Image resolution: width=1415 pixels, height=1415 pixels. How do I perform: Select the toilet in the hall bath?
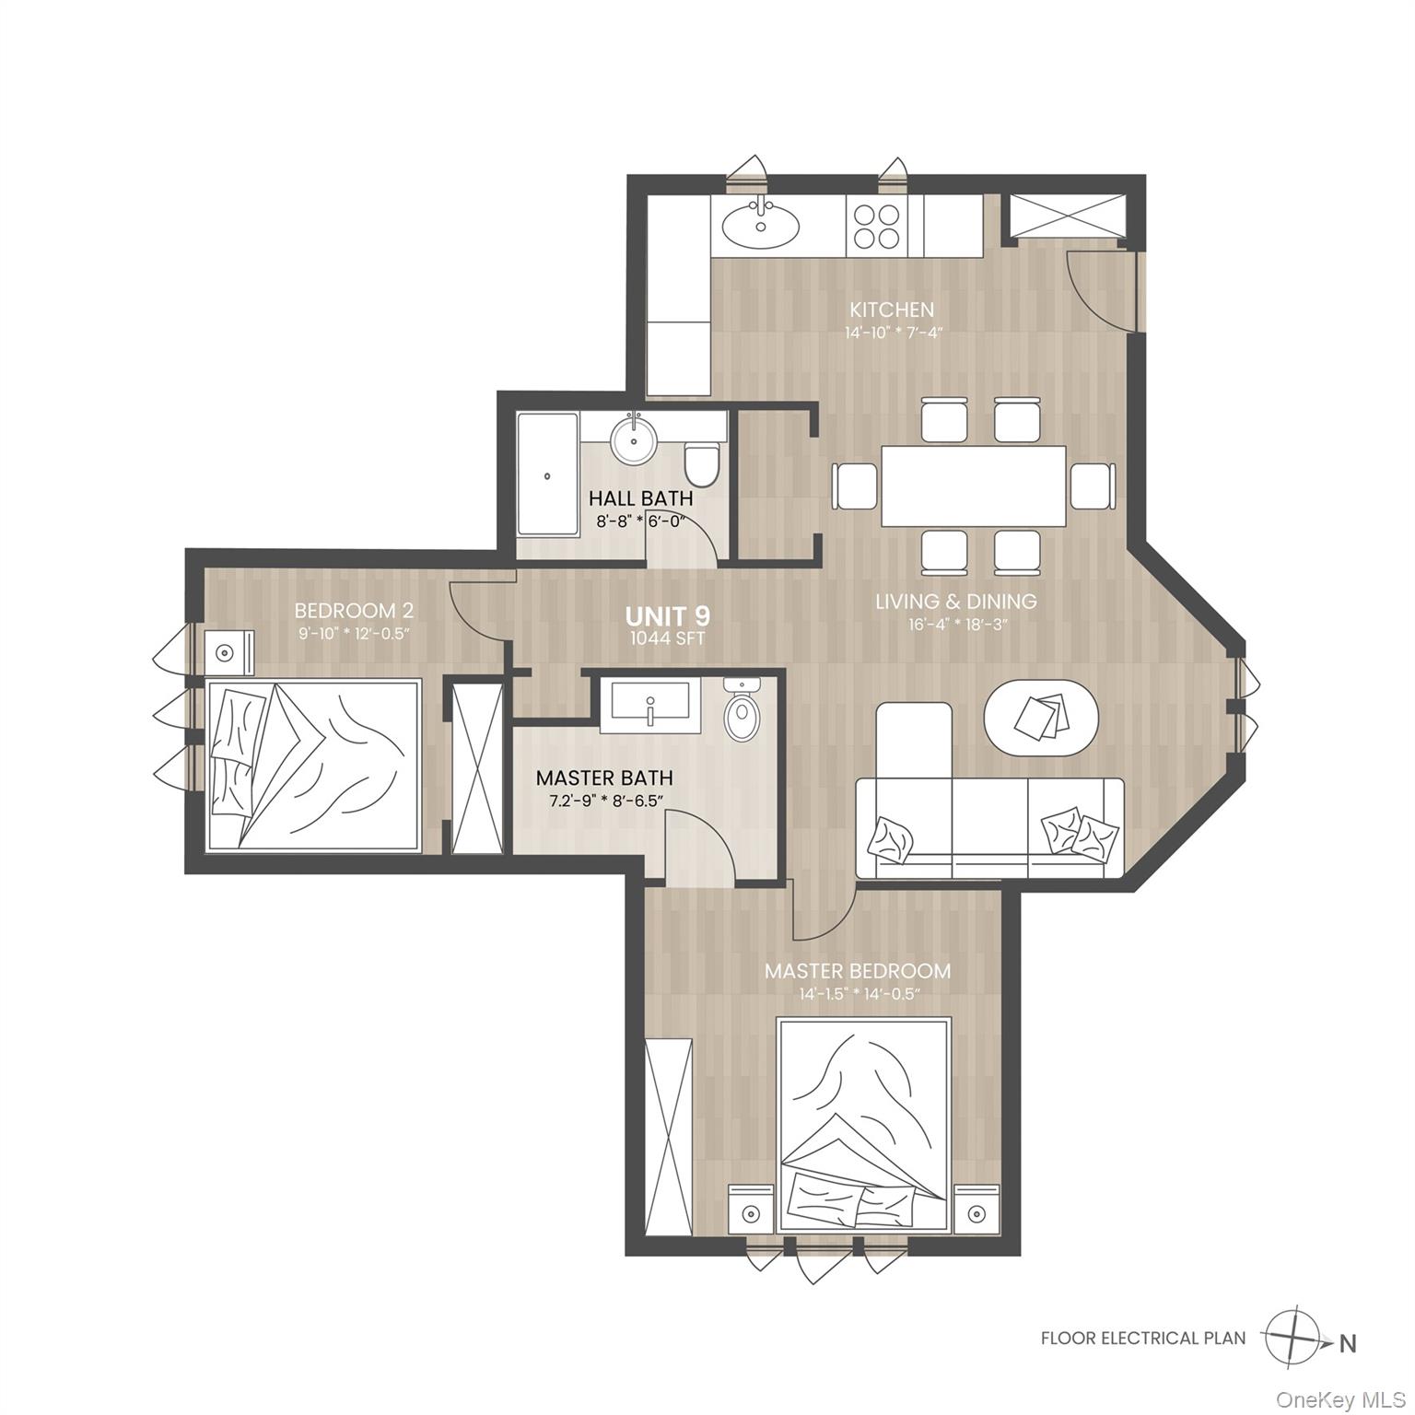pyautogui.click(x=702, y=465)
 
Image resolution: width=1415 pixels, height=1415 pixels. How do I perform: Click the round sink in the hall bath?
pyautogui.click(x=634, y=440)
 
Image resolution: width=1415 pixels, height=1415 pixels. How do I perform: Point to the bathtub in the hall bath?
pyautogui.click(x=547, y=475)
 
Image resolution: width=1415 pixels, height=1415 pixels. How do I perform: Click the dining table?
pyautogui.click(x=973, y=485)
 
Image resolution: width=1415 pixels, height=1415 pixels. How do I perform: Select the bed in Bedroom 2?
pyautogui.click(x=313, y=765)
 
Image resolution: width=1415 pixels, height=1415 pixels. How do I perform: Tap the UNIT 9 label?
pyautogui.click(x=667, y=615)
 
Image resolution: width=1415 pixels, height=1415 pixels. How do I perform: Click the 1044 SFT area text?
pyautogui.click(x=667, y=638)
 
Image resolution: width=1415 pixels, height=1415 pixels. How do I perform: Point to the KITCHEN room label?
pyautogui.click(x=891, y=310)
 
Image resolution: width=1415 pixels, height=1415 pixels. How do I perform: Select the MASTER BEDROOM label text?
pyautogui.click(x=857, y=971)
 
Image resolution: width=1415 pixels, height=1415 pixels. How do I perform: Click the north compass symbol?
pyautogui.click(x=1296, y=1338)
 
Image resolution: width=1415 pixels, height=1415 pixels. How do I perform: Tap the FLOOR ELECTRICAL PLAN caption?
pyautogui.click(x=1142, y=1339)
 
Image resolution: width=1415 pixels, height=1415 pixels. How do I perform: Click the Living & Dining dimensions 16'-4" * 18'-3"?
pyautogui.click(x=955, y=624)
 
